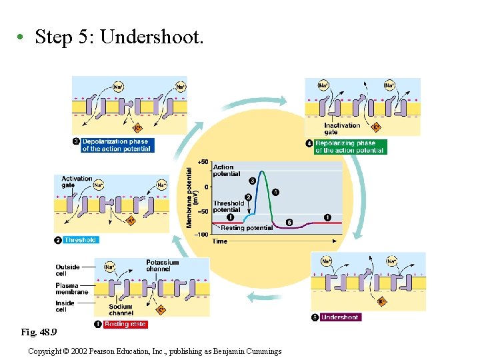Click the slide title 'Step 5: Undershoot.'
pyautogui.click(x=119, y=37)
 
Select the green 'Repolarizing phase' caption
pyautogui.click(x=349, y=147)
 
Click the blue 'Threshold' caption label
pyautogui.click(x=80, y=240)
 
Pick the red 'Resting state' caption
pyautogui.click(x=125, y=324)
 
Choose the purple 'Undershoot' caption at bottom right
pyautogui.click(x=340, y=317)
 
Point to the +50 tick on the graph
pyautogui.click(x=201, y=162)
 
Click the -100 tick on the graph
pyautogui.click(x=201, y=235)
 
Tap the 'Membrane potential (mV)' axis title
pyautogui.click(x=191, y=197)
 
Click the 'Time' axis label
pyautogui.click(x=220, y=241)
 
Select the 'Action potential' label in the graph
pyautogui.click(x=224, y=171)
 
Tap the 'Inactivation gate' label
pyautogui.click(x=342, y=129)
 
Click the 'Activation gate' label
pyautogui.click(x=77, y=182)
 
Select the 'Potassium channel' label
pyautogui.click(x=163, y=265)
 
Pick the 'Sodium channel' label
pyautogui.click(x=121, y=310)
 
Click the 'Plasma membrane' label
pyautogui.click(x=71, y=289)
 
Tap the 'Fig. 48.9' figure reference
pyautogui.click(x=39, y=331)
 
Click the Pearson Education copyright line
pyautogui.click(x=155, y=351)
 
